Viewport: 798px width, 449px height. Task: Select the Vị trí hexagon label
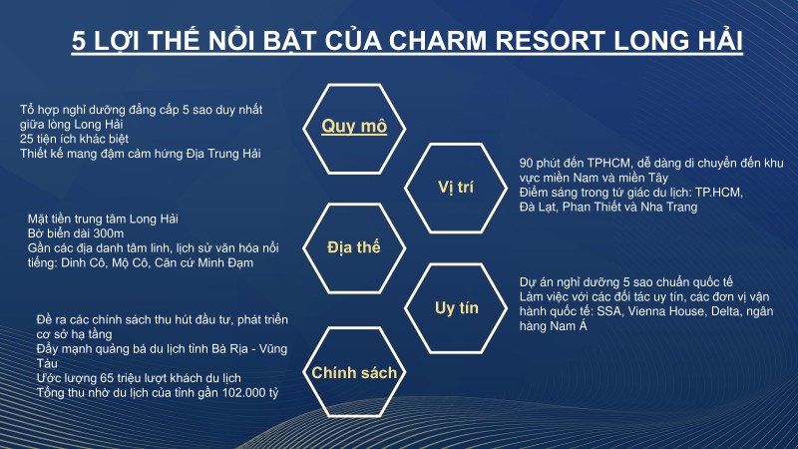point(457,187)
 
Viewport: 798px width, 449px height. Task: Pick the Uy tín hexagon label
point(457,307)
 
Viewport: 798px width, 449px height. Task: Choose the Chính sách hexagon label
point(354,372)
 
